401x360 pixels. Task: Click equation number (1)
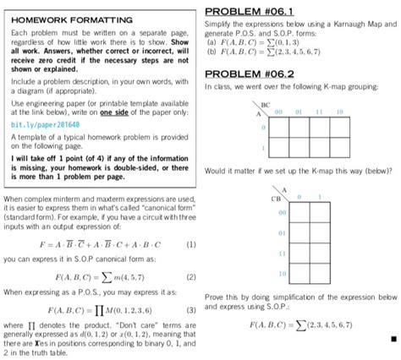click(x=191, y=243)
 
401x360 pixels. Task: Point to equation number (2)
click(x=191, y=275)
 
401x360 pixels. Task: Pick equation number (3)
click(x=191, y=308)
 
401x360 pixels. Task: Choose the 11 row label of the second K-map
click(x=282, y=253)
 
